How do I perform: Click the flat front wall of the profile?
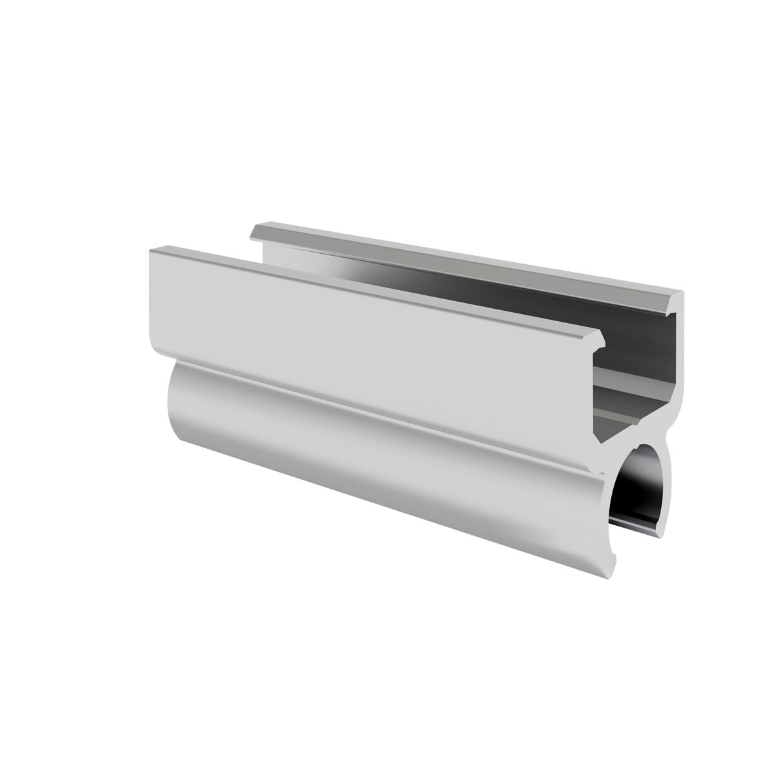[363, 324]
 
